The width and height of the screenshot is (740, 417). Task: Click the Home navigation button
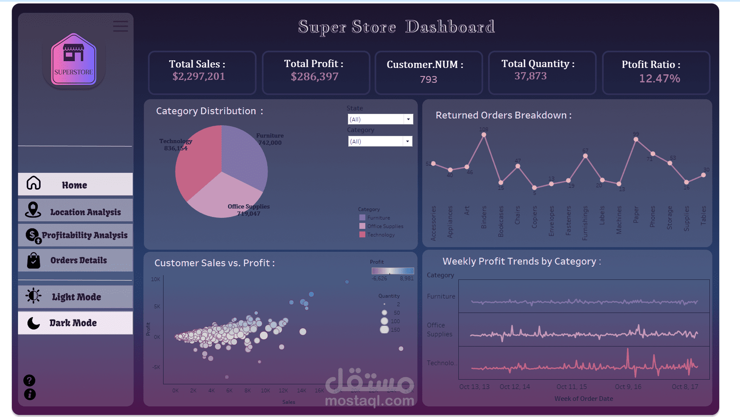(75, 184)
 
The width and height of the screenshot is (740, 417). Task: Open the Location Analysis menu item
(75, 211)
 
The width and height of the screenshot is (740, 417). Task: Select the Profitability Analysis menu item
(75, 235)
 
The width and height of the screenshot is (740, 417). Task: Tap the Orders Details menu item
(75, 260)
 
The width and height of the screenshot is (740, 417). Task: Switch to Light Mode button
(75, 296)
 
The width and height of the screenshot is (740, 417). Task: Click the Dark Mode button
(75, 323)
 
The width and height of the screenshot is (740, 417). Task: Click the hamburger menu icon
(120, 26)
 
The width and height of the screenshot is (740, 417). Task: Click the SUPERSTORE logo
(73, 60)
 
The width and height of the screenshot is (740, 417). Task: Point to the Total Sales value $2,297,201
(198, 76)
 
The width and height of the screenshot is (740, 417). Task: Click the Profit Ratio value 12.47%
(659, 79)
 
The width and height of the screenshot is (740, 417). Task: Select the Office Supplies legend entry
(384, 226)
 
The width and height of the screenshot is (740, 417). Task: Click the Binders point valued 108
(484, 135)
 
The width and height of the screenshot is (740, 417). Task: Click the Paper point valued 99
(635, 139)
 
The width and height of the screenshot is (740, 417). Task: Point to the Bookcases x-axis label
(501, 221)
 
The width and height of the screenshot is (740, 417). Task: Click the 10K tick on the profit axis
(155, 279)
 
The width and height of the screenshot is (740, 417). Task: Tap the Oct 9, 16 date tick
(628, 387)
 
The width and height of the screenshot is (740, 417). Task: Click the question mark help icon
(29, 380)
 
